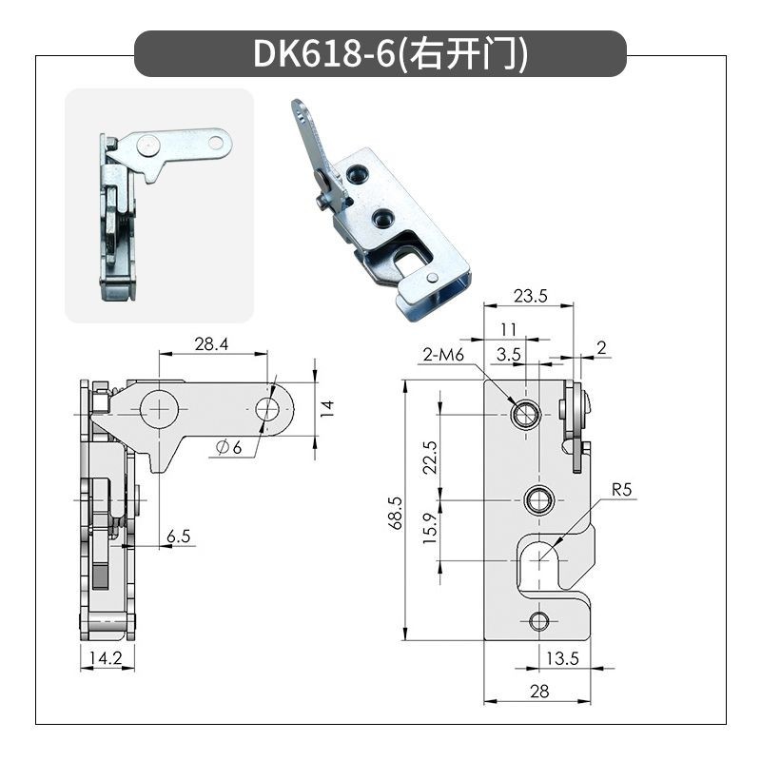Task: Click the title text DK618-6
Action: (x=324, y=53)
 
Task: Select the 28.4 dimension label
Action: (x=211, y=344)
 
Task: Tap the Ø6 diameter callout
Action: (x=228, y=447)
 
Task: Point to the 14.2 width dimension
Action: (x=106, y=658)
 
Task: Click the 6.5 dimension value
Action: (x=178, y=537)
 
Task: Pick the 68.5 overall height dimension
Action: (x=396, y=513)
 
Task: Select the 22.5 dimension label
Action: (x=430, y=458)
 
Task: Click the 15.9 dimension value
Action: (x=430, y=528)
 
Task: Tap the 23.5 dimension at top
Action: (x=530, y=296)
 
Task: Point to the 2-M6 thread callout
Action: (x=443, y=355)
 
